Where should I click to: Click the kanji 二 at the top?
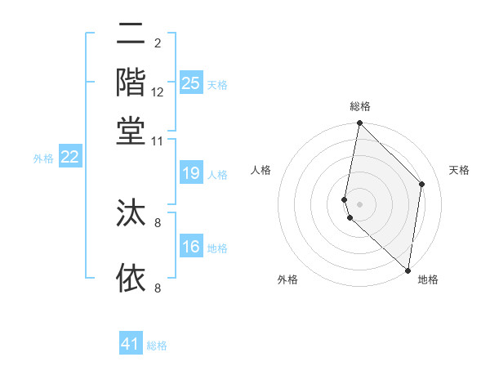pos(131,35)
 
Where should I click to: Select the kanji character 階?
pos(131,84)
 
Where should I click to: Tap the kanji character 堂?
pos(131,132)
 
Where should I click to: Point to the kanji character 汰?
pos(131,214)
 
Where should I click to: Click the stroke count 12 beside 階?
pos(158,92)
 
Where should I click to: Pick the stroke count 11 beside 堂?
pos(158,141)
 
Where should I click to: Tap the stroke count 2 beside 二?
pos(158,42)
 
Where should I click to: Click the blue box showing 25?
pos(191,83)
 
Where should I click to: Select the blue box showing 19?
pos(191,172)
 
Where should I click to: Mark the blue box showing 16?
pos(191,247)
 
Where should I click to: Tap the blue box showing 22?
pos(70,157)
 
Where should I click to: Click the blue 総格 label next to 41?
pos(157,346)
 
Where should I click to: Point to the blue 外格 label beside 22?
pos(42,159)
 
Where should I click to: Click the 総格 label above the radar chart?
pos(360,107)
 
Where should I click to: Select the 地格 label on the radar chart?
pos(428,279)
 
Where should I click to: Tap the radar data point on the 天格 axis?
pos(422,184)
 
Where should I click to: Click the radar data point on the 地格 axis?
pos(408,270)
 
